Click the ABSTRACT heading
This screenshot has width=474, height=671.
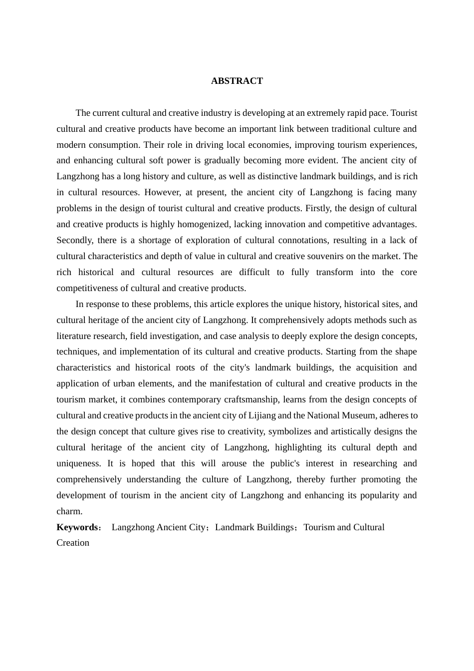coord(237,81)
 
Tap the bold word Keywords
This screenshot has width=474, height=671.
coord(77,527)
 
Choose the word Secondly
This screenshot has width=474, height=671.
coord(74,240)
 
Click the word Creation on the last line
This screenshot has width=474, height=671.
coord(73,543)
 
